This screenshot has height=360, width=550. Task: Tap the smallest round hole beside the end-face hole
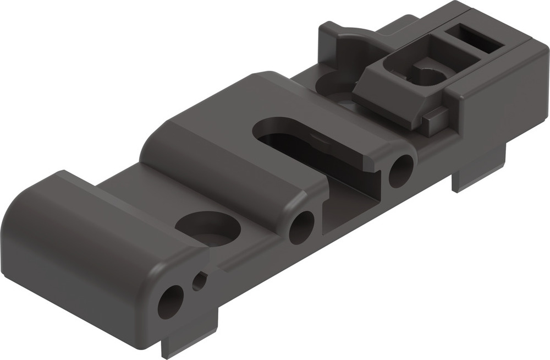pyautogui.click(x=199, y=281)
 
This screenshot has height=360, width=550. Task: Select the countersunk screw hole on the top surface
pyautogui.click(x=208, y=229)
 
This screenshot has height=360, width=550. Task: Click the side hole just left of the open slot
pyautogui.click(x=301, y=226)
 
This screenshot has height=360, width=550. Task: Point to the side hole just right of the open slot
pyautogui.click(x=401, y=171)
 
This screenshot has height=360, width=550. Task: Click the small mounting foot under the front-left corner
pyautogui.click(x=187, y=341)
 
